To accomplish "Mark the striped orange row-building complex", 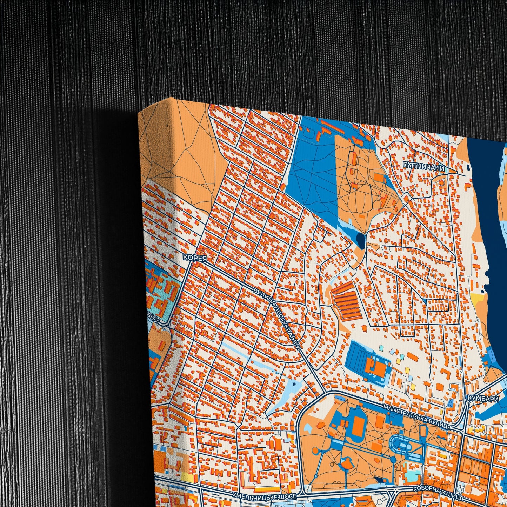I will [x=346, y=302].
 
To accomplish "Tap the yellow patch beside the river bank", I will [x=478, y=299].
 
